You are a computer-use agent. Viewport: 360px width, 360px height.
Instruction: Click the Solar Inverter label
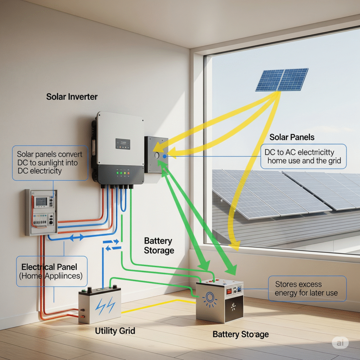click(x=72, y=96)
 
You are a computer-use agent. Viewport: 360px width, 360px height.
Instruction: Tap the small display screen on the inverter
click(x=123, y=143)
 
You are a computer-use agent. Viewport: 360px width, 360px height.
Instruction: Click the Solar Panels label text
click(x=292, y=137)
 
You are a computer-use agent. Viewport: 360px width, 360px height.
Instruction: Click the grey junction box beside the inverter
click(x=156, y=154)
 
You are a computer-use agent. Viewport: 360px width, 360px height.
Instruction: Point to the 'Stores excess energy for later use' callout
click(x=307, y=288)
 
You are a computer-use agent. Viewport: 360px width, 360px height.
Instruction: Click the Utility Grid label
click(x=115, y=331)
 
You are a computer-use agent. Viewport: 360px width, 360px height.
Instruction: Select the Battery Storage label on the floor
click(x=240, y=334)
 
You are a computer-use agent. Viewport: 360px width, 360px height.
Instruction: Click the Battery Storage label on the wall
click(x=159, y=246)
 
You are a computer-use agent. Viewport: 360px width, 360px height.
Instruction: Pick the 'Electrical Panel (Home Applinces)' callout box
click(x=52, y=271)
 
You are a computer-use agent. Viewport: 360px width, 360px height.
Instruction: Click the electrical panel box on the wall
click(x=41, y=212)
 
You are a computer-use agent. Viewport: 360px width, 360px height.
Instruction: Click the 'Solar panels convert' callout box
click(x=50, y=163)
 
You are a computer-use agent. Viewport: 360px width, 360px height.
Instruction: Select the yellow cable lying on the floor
click(x=155, y=307)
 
